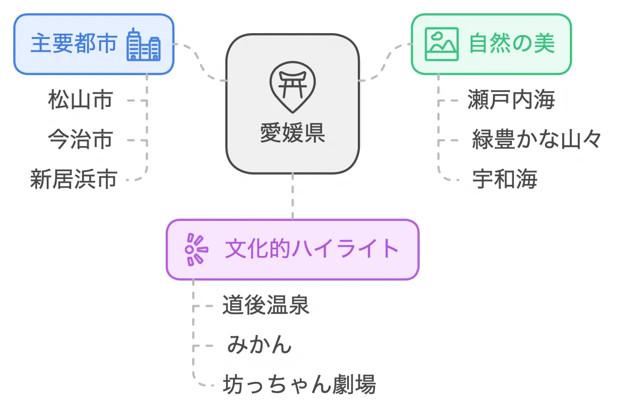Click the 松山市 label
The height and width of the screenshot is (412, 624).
pyautogui.click(x=80, y=100)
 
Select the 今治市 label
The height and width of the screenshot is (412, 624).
pyautogui.click(x=80, y=139)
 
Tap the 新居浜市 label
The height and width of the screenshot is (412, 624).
pyautogui.click(x=74, y=179)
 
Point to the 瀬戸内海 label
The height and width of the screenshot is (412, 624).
pyautogui.click(x=511, y=100)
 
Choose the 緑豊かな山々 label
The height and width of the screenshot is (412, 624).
pyautogui.click(x=537, y=139)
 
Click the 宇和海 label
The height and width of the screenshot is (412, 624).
pyautogui.click(x=505, y=179)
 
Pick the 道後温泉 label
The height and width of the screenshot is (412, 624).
pyautogui.click(x=266, y=306)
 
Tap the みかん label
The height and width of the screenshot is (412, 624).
pyautogui.click(x=259, y=345)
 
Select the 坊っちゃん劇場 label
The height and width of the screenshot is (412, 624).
pyautogui.click(x=299, y=385)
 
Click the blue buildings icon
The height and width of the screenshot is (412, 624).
pyautogui.click(x=143, y=45)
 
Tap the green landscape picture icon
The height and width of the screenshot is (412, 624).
pyautogui.click(x=441, y=44)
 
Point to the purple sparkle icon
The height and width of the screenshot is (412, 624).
pyautogui.click(x=196, y=250)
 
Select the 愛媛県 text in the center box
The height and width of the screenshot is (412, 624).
pyautogui.click(x=292, y=133)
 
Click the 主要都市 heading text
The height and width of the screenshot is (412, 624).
pyautogui.click(x=74, y=44)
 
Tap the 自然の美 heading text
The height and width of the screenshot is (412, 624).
pyautogui.click(x=511, y=44)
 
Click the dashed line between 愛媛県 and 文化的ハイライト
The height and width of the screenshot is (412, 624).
pyautogui.click(x=292, y=196)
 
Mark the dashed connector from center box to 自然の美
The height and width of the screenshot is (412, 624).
pyautogui.click(x=385, y=62)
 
